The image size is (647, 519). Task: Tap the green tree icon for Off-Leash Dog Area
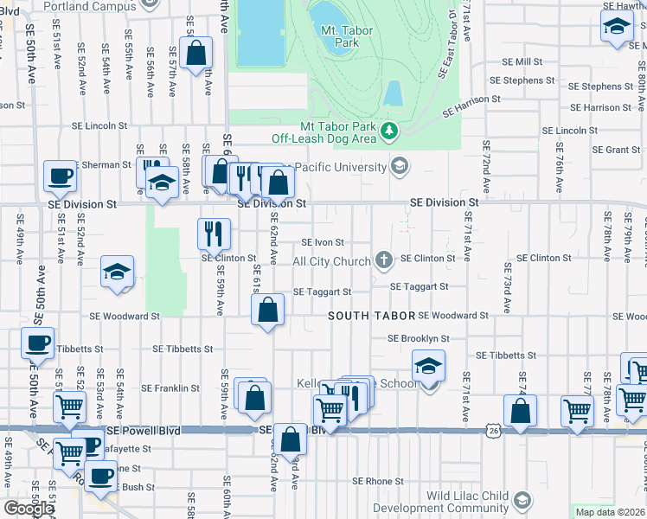click(x=390, y=131)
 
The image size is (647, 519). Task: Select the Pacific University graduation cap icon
click(x=399, y=165)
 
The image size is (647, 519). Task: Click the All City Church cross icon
click(x=384, y=260)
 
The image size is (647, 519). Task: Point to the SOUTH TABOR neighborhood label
click(x=372, y=317)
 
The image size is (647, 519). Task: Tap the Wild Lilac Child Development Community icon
click(x=522, y=500)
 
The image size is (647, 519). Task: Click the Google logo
click(x=29, y=509)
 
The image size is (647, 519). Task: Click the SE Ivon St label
click(x=323, y=243)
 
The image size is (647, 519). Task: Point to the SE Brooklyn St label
click(x=418, y=338)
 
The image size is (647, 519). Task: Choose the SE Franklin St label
click(x=171, y=388)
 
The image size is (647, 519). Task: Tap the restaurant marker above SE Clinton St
click(x=214, y=233)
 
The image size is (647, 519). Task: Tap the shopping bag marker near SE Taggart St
click(x=268, y=311)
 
